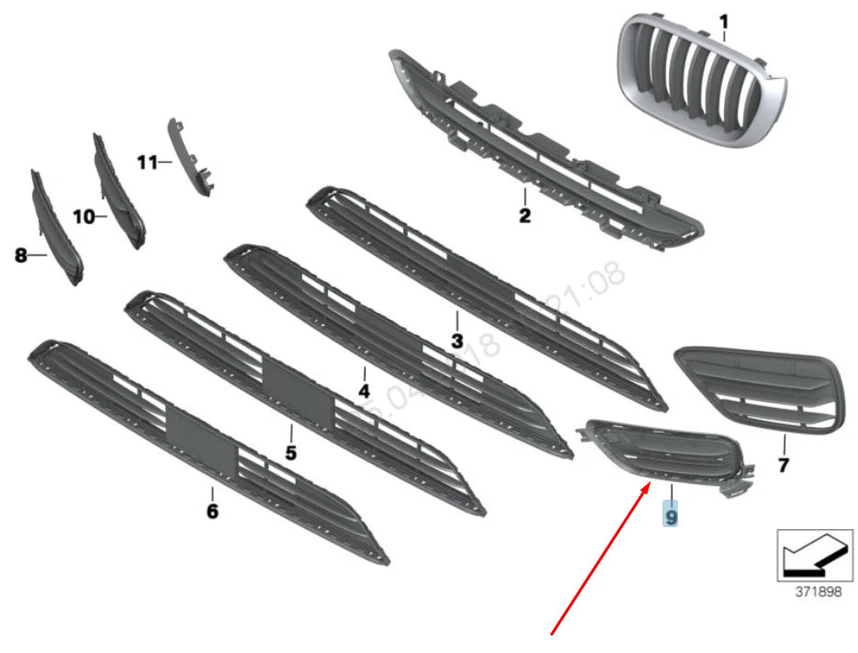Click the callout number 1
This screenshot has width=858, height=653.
(x=723, y=20)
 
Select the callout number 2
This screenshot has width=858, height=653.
(x=525, y=217)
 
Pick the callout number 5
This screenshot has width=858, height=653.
(x=290, y=453)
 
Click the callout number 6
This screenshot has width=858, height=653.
(x=212, y=511)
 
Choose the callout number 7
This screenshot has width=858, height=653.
(x=783, y=466)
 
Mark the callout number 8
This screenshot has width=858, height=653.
(x=21, y=256)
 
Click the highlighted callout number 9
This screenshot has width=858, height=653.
(x=672, y=518)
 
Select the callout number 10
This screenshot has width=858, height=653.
(x=84, y=217)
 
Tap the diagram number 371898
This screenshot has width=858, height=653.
(x=818, y=592)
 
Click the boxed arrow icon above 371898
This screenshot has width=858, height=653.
(x=809, y=555)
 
